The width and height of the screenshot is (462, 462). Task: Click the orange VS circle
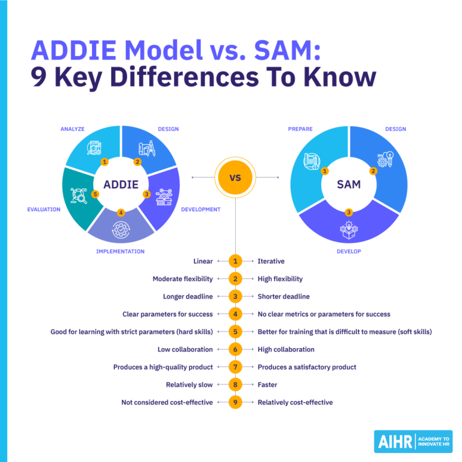tap(235, 178)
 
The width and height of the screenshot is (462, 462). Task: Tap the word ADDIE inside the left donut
tap(121, 184)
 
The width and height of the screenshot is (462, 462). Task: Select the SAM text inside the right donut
tap(349, 184)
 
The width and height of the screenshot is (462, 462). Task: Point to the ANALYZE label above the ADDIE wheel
tap(72, 129)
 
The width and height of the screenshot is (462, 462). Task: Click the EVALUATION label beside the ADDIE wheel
tap(43, 209)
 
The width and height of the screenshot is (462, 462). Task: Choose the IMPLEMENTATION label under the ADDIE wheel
tap(120, 251)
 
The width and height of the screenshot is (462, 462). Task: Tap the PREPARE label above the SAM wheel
tap(300, 129)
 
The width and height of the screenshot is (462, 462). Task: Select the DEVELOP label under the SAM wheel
tap(349, 251)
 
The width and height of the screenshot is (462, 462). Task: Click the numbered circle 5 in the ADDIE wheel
tap(95, 194)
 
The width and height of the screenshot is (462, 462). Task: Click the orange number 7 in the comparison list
tap(235, 367)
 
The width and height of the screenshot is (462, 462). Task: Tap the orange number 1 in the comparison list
tap(235, 261)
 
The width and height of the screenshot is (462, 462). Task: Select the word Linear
tap(203, 261)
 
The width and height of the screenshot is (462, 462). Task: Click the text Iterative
tap(271, 261)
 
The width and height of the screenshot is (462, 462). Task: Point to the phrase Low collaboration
tap(185, 350)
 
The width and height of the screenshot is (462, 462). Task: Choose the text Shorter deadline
tap(283, 297)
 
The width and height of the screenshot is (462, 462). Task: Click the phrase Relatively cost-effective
tap(295, 402)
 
